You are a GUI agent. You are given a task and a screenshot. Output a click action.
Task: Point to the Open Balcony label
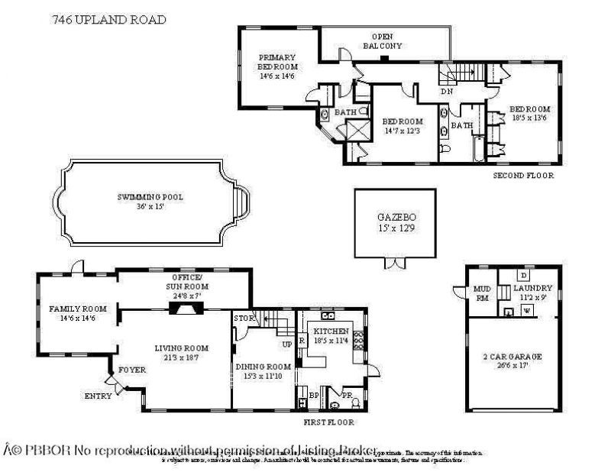coord(382,41)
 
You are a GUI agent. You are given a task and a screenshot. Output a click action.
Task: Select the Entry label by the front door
coord(99,396)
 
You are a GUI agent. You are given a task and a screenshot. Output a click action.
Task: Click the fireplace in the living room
coord(183,307)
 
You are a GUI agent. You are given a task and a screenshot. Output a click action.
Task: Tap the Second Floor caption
coord(523,176)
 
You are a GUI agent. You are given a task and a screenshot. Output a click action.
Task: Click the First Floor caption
coord(329,422)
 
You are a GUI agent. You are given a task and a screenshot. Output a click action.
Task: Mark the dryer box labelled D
coord(523,274)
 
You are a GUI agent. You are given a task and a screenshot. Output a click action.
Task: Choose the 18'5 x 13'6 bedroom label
coord(530,113)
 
